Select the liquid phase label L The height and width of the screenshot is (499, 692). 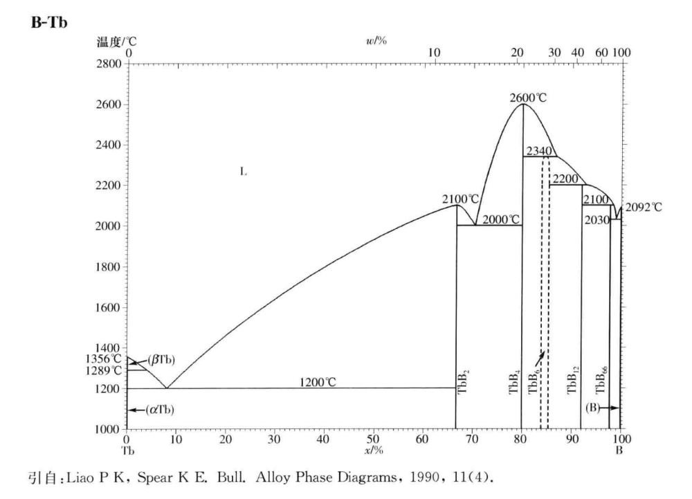(243, 171)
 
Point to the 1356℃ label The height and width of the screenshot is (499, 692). (104, 359)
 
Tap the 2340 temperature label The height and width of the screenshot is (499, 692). (539, 151)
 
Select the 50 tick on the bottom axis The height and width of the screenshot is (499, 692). (373, 439)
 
